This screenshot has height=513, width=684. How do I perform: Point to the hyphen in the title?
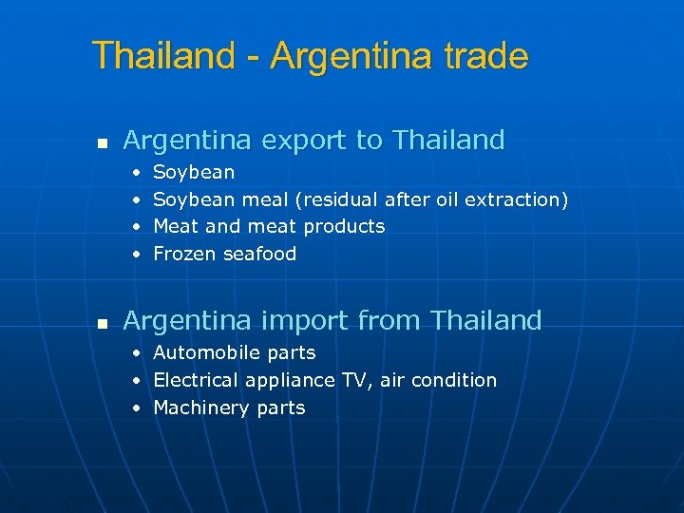click(252, 59)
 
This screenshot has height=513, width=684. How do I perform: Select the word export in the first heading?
click(302, 142)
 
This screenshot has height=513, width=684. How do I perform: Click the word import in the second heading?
click(302, 321)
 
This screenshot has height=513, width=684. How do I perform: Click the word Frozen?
click(184, 254)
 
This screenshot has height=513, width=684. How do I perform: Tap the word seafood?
click(259, 254)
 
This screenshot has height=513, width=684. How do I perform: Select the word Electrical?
click(196, 380)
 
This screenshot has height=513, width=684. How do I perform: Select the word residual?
click(339, 199)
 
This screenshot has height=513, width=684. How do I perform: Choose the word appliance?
click(290, 381)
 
